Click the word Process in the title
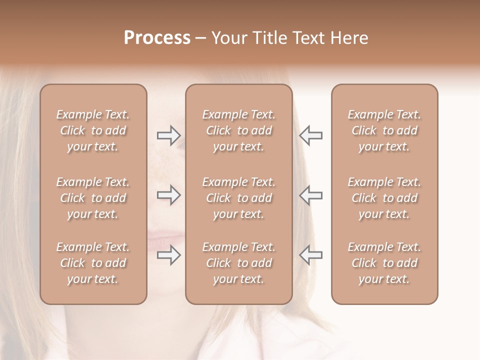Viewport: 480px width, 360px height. (157, 38)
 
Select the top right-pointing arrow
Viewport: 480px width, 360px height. (168, 135)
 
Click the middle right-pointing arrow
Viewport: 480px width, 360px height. (168, 195)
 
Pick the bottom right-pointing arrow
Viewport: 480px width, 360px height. (168, 255)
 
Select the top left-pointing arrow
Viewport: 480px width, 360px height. (310, 135)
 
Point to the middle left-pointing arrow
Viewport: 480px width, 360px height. (310, 195)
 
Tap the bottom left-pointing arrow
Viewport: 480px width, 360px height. (310, 255)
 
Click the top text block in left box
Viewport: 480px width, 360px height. (93, 130)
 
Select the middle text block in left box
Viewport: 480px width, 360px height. (93, 198)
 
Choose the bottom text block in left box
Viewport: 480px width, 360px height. (93, 263)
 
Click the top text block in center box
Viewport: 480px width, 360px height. (238, 130)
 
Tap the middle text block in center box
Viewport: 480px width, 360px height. (238, 198)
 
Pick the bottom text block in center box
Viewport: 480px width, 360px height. (238, 263)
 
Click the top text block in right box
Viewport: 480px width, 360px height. (384, 130)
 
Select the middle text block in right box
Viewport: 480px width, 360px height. (384, 198)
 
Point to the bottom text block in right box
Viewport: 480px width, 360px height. (384, 263)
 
